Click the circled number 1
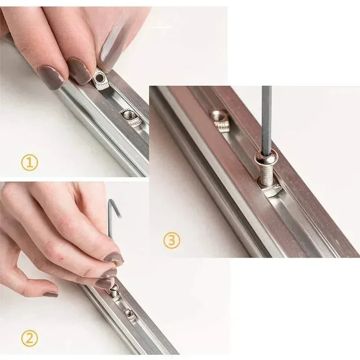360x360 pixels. click(29, 163)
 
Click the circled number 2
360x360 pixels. click(29, 338)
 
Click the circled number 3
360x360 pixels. click(172, 240)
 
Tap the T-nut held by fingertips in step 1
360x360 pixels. click(100, 81)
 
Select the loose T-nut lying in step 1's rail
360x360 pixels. click(130, 118)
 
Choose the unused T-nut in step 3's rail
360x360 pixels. click(220, 121)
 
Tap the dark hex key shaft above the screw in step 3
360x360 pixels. click(266, 119)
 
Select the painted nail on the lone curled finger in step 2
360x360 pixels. click(51, 294)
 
